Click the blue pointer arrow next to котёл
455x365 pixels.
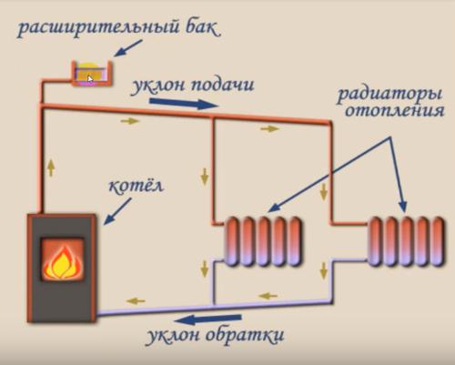click(x=117, y=213)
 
